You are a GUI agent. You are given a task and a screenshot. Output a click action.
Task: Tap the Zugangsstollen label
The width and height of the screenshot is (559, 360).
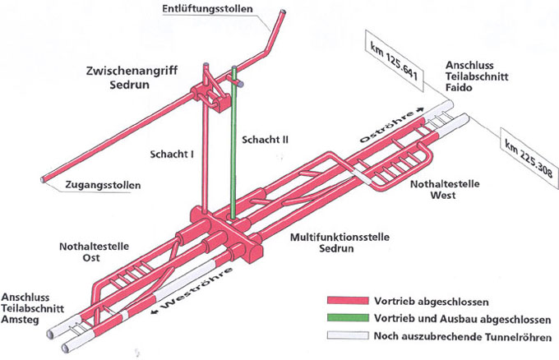tap(101, 185)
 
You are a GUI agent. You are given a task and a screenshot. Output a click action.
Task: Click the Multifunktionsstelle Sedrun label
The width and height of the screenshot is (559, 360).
tap(330, 242)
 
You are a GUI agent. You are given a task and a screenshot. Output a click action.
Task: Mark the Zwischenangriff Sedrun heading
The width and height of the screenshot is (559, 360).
tap(135, 79)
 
